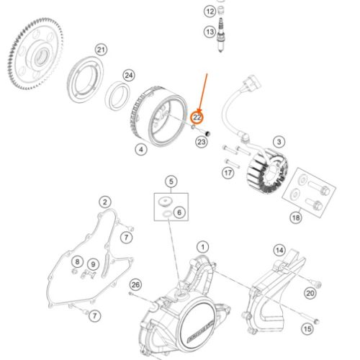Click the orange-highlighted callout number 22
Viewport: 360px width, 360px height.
pyautogui.click(x=197, y=115)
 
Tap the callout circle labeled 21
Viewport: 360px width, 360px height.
pyautogui.click(x=102, y=49)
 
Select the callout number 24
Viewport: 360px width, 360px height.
pyautogui.click(x=129, y=75)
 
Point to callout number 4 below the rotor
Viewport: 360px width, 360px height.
pyautogui.click(x=141, y=150)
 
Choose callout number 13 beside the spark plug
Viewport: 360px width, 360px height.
pyautogui.click(x=210, y=32)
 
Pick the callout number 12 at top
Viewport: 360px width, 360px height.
pyautogui.click(x=210, y=12)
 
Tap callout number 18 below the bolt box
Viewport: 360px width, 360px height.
pyautogui.click(x=296, y=217)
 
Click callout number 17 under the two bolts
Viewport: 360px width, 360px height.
pyautogui.click(x=228, y=173)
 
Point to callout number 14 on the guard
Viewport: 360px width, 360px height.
pyautogui.click(x=279, y=251)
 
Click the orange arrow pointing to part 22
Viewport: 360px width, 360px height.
pyautogui.click(x=204, y=90)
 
